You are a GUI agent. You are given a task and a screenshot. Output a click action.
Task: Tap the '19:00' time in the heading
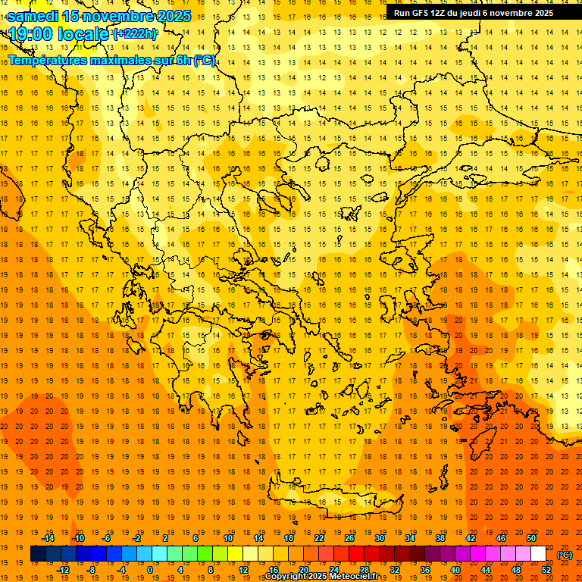pos(30,34)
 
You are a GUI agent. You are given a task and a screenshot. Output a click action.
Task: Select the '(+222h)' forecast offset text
pos(134,34)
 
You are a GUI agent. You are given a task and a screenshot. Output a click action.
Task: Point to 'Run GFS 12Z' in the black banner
pos(419,13)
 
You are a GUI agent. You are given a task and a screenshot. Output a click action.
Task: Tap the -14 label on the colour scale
pos(48,538)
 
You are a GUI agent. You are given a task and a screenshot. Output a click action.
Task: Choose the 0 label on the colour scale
pos(149,570)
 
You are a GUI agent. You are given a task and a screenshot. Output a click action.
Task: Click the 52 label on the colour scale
pos(546,570)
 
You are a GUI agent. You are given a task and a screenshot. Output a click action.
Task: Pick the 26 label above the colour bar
pos(349,538)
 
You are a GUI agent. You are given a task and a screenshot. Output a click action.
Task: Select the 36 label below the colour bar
pos(425,570)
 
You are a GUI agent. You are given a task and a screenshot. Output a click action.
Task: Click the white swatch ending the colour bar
pos(538,554)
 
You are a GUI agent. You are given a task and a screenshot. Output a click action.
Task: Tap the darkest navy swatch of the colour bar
pos(38,554)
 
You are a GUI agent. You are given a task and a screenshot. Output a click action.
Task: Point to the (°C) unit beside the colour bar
pos(565,555)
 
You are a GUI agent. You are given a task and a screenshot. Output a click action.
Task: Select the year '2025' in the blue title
pos(174,17)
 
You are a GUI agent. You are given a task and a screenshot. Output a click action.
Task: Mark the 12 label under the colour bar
pos(243,570)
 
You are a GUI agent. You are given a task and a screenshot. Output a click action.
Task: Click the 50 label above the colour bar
pos(531,538)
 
